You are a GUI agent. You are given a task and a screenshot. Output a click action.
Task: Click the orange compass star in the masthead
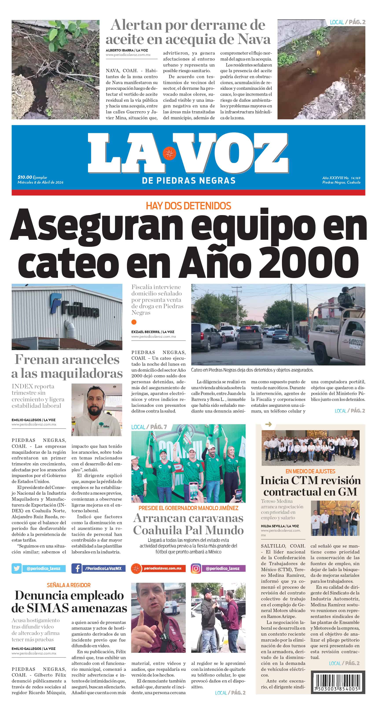[x=169, y=153]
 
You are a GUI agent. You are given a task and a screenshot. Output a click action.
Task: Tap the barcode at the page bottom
[x=338, y=682]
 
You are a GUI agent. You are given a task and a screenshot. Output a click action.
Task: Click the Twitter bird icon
[x=17, y=568]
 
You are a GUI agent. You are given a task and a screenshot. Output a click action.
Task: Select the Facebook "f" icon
[x=76, y=568]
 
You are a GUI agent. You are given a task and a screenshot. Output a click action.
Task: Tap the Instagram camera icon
[x=196, y=568]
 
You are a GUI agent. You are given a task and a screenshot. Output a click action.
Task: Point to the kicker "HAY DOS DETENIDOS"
[x=188, y=206]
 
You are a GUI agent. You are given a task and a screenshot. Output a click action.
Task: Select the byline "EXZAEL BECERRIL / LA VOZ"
[x=153, y=332]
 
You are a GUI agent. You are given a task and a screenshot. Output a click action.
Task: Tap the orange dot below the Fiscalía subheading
[x=134, y=322]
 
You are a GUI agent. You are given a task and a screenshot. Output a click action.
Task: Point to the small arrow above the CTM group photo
[x=268, y=424]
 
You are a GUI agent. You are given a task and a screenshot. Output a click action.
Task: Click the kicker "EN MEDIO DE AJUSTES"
[x=310, y=471]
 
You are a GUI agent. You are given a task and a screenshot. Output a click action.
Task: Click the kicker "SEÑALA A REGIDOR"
[x=69, y=585]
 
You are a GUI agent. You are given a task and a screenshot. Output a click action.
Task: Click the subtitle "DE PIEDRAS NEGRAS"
[x=188, y=181]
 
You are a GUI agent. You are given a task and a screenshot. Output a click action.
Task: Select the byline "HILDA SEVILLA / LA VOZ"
[x=280, y=526]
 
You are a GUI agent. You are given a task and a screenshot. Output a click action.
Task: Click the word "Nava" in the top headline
[x=254, y=39]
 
